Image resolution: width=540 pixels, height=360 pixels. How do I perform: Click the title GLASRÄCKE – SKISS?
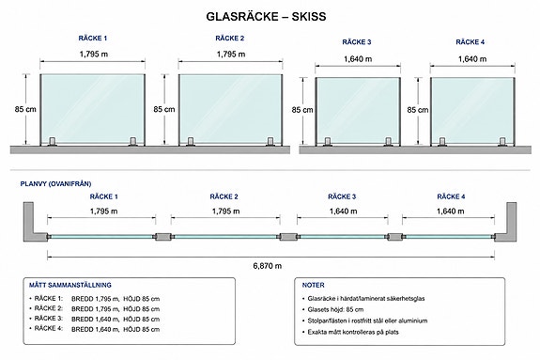coord(266,17)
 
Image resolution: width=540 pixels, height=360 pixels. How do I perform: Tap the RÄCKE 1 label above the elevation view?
coord(93,39)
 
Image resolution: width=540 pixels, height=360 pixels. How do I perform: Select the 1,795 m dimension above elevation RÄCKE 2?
coord(231,55)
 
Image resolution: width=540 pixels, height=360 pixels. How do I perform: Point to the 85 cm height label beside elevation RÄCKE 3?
coord(302,110)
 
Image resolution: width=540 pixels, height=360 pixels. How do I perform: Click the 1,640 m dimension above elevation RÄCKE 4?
coord(472,59)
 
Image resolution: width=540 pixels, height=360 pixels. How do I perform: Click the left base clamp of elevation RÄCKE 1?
coord(53,142)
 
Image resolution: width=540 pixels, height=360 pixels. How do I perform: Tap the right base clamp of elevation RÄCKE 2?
coord(270,142)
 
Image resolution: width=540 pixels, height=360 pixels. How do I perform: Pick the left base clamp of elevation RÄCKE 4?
coord(442,142)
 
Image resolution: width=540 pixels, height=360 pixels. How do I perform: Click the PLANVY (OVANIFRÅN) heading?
coord(55,184)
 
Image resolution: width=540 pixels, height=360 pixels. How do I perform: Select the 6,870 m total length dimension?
coord(268,266)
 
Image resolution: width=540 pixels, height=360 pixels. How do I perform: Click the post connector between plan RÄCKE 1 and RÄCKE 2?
coord(163,237)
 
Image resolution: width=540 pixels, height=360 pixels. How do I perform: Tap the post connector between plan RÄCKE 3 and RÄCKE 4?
coord(395,237)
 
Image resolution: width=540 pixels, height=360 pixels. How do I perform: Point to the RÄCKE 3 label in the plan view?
coord(342,196)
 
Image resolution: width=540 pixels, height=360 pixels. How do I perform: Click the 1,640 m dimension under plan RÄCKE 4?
coord(451,211)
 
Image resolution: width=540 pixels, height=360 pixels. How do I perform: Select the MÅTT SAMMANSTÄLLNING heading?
coord(70,285)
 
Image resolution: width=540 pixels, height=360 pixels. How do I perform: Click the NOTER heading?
coord(313,285)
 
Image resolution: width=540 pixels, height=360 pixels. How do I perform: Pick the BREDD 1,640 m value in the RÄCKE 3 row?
coord(95,320)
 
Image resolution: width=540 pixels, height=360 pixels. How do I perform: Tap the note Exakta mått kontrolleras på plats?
coord(353,332)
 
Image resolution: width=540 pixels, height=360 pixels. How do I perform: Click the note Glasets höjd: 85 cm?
coord(335,309)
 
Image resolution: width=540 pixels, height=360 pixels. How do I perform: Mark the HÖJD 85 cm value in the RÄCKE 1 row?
coord(142,299)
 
